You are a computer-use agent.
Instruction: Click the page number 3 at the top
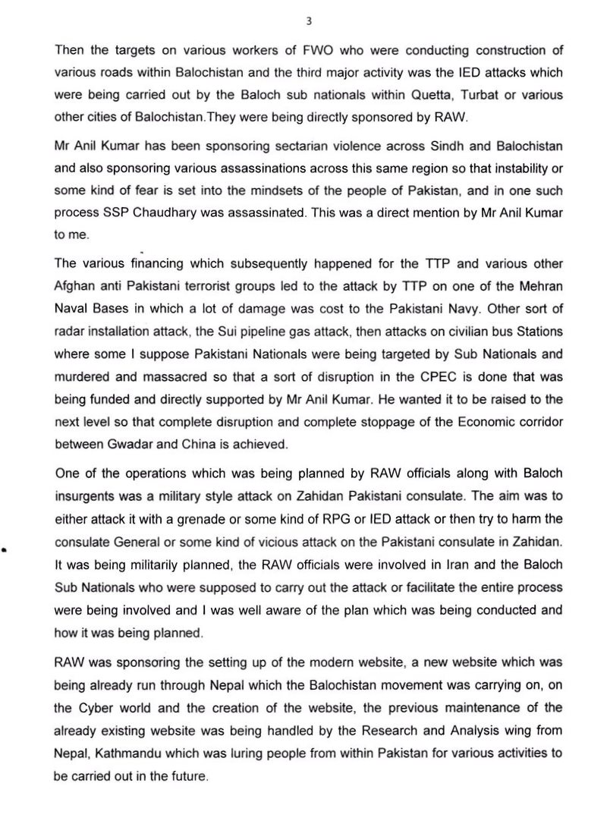pos(308,22)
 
